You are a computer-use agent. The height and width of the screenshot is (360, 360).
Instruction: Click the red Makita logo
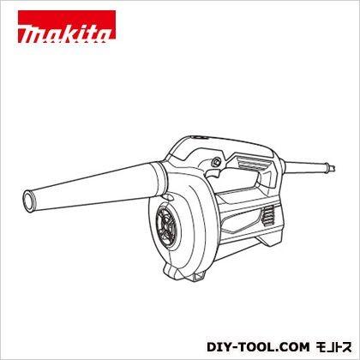click(x=67, y=27)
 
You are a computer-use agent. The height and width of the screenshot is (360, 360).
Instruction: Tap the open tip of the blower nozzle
click(x=28, y=200)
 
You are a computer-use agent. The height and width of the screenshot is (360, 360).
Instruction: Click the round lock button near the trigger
click(x=215, y=162)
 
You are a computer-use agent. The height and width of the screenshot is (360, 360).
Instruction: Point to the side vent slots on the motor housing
click(x=268, y=217)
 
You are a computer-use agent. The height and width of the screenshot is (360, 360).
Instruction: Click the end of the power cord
click(x=332, y=168)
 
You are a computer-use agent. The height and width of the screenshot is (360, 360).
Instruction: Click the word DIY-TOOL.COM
click(x=258, y=347)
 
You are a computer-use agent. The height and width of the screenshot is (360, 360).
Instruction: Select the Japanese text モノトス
click(x=333, y=347)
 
